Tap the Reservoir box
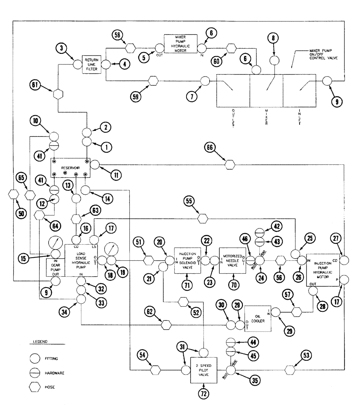click(x=70, y=168)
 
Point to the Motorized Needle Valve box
click(x=232, y=260)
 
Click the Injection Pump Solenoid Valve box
click(x=187, y=260)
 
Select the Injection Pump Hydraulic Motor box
click(x=322, y=269)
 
